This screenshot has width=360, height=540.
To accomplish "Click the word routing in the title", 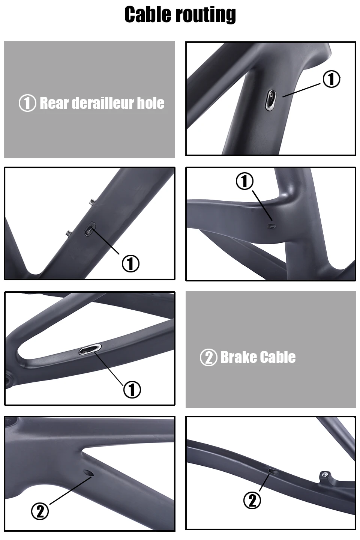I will tap(206, 15).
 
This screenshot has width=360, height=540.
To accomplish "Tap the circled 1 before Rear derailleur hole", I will tap(27, 103).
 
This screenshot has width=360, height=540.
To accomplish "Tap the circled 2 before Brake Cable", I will tap(208, 357).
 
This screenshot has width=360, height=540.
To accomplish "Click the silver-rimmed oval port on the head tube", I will tap(271, 100).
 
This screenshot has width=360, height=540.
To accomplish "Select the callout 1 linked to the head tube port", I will tap(331, 79).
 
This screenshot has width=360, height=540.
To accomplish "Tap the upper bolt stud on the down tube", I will tap(91, 203).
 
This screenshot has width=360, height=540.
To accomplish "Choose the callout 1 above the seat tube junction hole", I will tap(244, 181).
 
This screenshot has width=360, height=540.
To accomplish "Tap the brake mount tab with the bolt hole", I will tap(325, 476).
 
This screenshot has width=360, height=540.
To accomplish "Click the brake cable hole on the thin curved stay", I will tap(273, 471).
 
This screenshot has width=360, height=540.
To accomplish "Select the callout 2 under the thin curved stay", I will tap(252, 500).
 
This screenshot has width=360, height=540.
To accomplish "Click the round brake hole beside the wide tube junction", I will tap(89, 474).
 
